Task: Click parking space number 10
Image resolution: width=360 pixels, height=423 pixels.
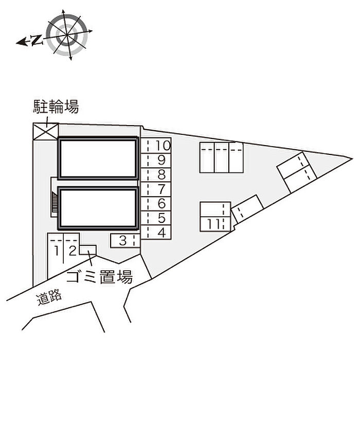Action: (156, 146)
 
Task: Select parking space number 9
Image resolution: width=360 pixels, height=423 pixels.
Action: (156, 161)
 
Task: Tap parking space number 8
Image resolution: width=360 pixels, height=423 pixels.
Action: (156, 175)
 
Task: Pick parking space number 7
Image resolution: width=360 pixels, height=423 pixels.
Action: (156, 189)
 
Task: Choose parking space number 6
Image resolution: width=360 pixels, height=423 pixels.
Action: (156, 204)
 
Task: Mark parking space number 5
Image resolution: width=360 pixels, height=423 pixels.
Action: (156, 218)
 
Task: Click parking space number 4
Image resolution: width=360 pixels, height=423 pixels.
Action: (156, 232)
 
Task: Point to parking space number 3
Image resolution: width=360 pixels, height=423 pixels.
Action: (125, 241)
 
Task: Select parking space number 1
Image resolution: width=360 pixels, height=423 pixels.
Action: (56, 256)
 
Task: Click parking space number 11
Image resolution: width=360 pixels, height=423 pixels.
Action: (215, 224)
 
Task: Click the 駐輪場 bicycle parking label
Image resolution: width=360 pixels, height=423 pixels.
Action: (56, 107)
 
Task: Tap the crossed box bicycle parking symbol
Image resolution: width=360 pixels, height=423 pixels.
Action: (46, 131)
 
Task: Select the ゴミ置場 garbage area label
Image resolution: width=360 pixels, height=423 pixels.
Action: (100, 276)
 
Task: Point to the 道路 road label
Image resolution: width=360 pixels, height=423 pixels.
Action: (49, 297)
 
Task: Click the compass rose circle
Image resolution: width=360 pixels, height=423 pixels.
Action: (67, 35)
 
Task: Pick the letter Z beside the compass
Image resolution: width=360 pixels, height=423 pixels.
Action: (37, 40)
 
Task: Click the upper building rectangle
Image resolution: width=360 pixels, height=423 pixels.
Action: (98, 158)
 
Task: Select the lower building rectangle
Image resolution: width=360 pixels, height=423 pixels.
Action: (98, 208)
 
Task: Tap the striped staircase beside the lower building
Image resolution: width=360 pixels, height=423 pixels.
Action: (55, 203)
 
